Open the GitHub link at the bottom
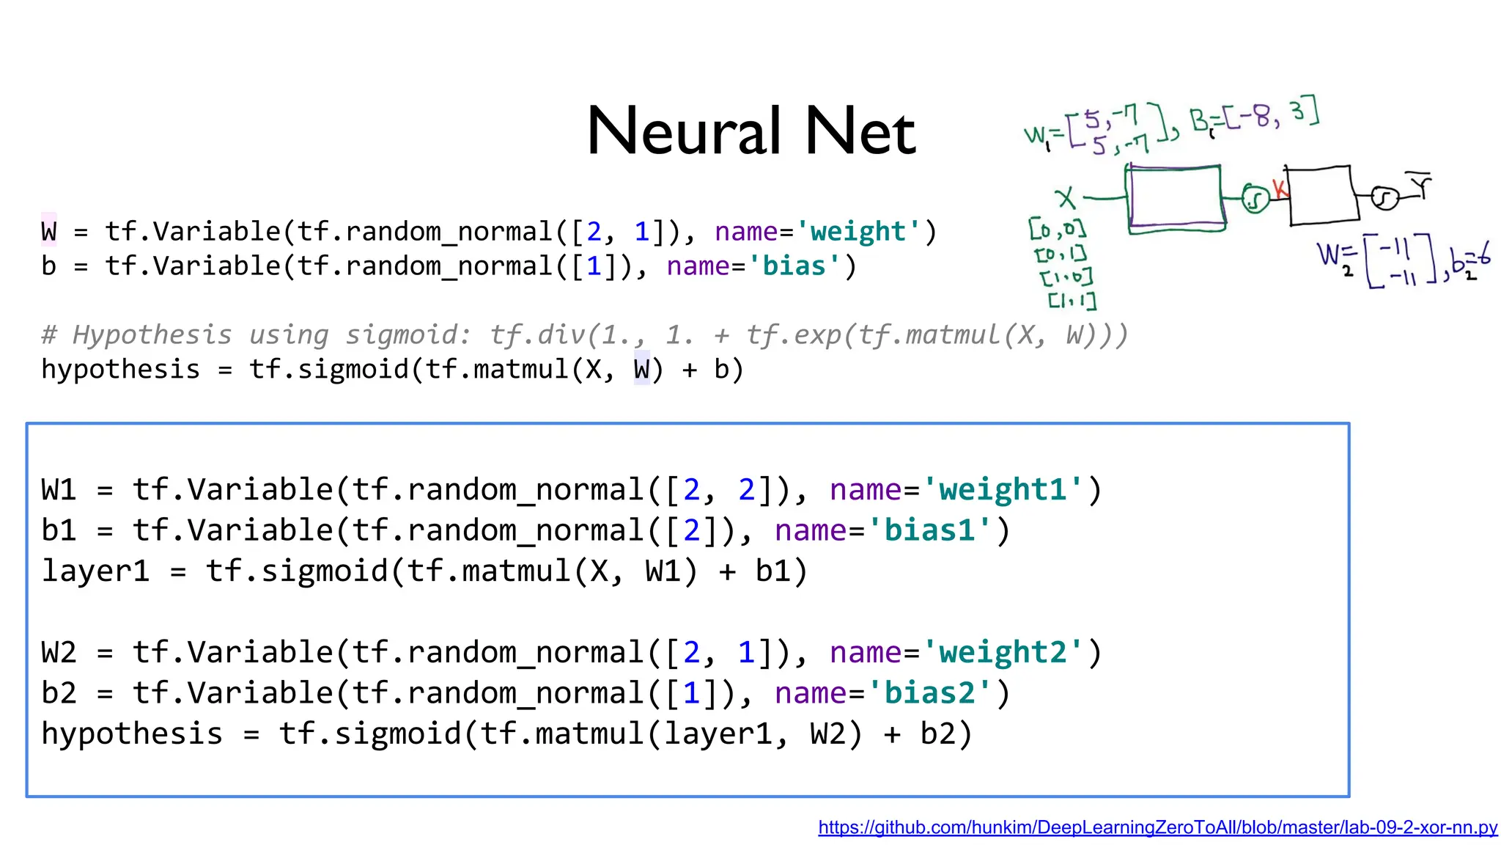[x=1158, y=827]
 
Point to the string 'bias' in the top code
[x=794, y=266]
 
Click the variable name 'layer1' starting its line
[x=95, y=571]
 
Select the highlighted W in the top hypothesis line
[x=641, y=369]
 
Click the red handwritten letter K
[x=1279, y=189]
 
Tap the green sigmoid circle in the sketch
[x=1255, y=199]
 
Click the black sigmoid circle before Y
[x=1384, y=198]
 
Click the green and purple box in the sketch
[x=1176, y=198]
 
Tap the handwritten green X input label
[x=1065, y=198]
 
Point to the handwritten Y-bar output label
[x=1422, y=185]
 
